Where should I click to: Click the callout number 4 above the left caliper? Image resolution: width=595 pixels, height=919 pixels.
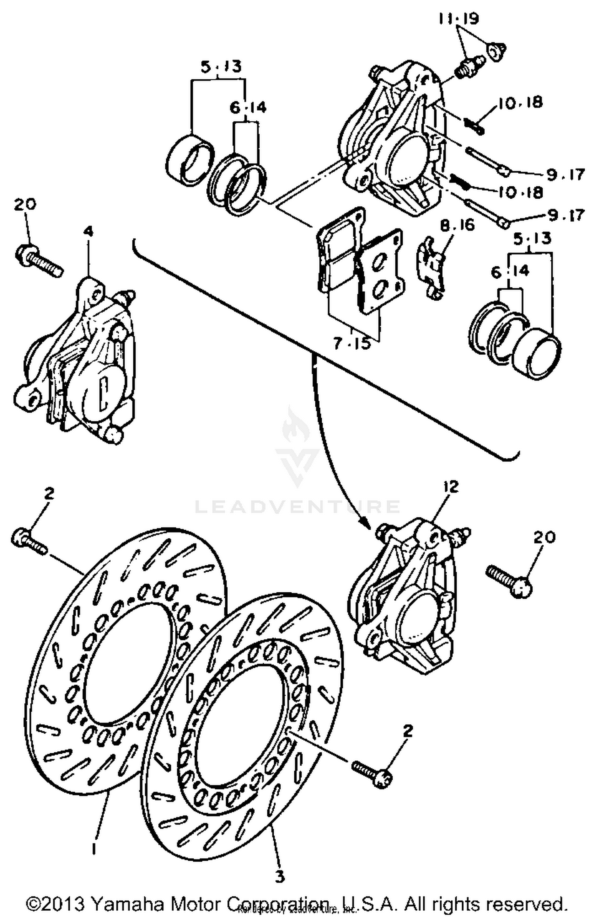[x=88, y=231]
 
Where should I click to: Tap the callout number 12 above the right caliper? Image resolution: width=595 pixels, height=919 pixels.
[x=451, y=486]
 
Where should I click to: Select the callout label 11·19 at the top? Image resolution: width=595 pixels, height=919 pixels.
[x=459, y=19]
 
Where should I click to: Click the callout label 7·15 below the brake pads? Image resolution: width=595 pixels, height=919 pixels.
[x=351, y=343]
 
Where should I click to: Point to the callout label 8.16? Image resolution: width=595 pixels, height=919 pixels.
[x=457, y=225]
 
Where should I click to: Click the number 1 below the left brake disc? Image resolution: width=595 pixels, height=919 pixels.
[x=94, y=848]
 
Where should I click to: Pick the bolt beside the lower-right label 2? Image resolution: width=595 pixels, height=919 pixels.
[x=373, y=772]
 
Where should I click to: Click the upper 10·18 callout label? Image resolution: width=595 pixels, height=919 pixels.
[x=520, y=103]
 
